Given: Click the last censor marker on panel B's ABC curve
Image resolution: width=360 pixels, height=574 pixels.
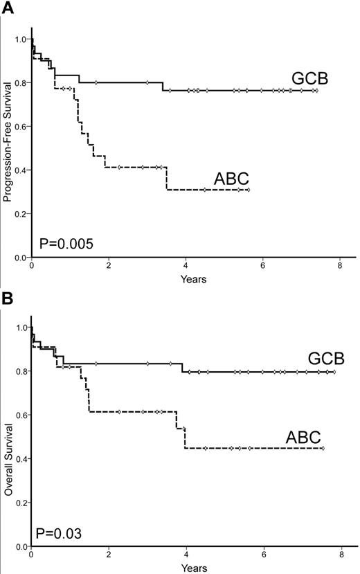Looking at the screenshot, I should [323, 448].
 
